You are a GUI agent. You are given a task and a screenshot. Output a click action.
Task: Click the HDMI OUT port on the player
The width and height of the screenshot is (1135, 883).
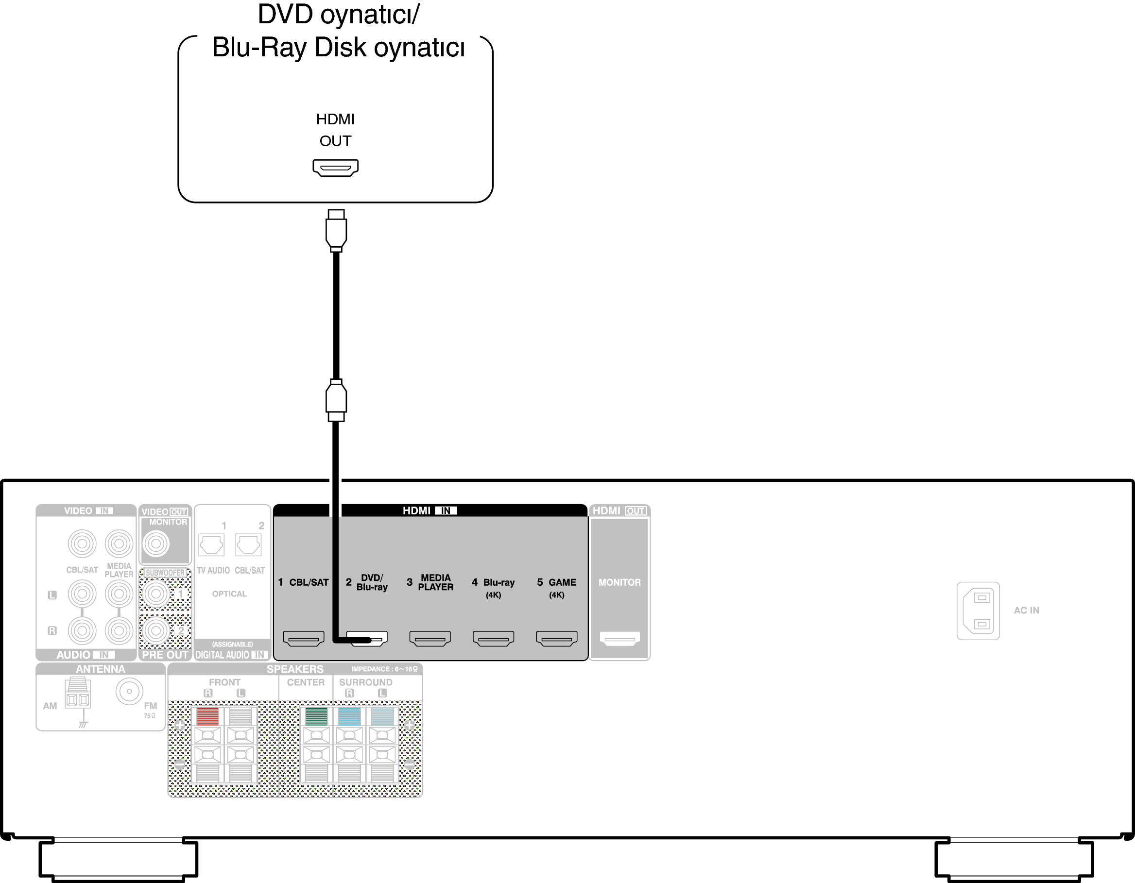click(x=335, y=168)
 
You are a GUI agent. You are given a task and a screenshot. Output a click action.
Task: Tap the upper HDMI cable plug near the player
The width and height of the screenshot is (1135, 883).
click(x=336, y=231)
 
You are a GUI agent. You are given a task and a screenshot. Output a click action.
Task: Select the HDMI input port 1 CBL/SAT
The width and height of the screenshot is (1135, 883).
click(x=304, y=638)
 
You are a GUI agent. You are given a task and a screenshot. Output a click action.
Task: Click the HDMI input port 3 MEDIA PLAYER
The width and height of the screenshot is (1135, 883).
click(x=430, y=638)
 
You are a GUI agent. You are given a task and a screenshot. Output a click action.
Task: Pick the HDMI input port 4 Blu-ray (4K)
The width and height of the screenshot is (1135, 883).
click(x=493, y=638)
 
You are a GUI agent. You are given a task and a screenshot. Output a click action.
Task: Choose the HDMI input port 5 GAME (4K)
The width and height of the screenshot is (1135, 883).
click(x=557, y=638)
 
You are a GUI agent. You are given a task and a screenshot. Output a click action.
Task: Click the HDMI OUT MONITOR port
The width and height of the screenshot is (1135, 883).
click(x=619, y=638)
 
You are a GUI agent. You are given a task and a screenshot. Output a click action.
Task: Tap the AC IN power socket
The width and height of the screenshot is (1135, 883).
click(x=978, y=611)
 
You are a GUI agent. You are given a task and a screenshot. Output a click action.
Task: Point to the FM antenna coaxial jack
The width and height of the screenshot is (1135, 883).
click(x=129, y=691)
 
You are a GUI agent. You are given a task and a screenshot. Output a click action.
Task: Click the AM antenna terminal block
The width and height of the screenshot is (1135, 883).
click(x=77, y=694)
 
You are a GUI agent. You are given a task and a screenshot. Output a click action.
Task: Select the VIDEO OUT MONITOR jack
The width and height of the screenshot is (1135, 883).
click(x=156, y=544)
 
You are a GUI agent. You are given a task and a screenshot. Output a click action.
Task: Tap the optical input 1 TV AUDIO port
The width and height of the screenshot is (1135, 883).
click(x=211, y=545)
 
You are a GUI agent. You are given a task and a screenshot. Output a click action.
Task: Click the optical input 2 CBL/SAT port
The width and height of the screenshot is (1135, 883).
click(x=248, y=545)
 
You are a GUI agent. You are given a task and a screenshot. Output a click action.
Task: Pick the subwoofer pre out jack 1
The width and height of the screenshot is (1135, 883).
click(x=156, y=594)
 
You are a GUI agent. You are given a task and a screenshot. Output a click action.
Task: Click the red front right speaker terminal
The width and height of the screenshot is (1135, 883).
click(x=208, y=717)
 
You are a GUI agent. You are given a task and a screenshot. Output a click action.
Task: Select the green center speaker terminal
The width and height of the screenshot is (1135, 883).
click(x=316, y=717)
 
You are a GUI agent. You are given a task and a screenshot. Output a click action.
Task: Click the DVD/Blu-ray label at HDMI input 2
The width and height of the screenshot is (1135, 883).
click(x=372, y=582)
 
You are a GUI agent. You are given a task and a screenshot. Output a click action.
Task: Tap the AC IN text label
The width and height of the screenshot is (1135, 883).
click(x=1026, y=611)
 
